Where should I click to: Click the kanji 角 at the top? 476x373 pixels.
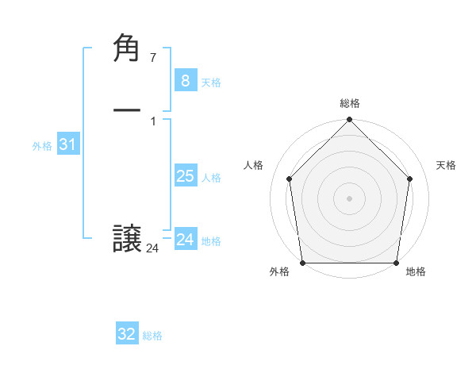point(127,49)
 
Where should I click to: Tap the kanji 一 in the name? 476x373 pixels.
point(127,112)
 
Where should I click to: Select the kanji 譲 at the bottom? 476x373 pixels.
point(127,240)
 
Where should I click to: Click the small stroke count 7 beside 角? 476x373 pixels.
point(152,57)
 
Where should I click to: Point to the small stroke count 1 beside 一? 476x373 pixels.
point(152,121)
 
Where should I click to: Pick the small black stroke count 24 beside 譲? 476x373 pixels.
point(152,248)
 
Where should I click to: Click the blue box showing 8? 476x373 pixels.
point(185,80)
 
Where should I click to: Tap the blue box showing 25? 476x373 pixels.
point(185,176)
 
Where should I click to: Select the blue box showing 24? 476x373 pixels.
point(185,240)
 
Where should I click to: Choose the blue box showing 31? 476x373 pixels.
point(67,144)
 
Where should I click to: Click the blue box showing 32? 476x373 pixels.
point(127,334)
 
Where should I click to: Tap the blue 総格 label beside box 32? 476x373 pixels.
point(152,336)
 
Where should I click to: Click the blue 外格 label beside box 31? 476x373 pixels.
point(42,146)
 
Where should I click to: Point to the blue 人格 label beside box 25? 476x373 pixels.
point(212,178)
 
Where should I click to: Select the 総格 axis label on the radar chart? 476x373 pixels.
point(350,103)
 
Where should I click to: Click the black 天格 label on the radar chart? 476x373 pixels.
point(446,165)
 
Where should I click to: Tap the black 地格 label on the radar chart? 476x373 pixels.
point(416,272)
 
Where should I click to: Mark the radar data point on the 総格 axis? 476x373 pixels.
point(350,121)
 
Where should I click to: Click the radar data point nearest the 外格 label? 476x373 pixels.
point(302,263)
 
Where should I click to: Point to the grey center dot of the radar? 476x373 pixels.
point(350,198)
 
